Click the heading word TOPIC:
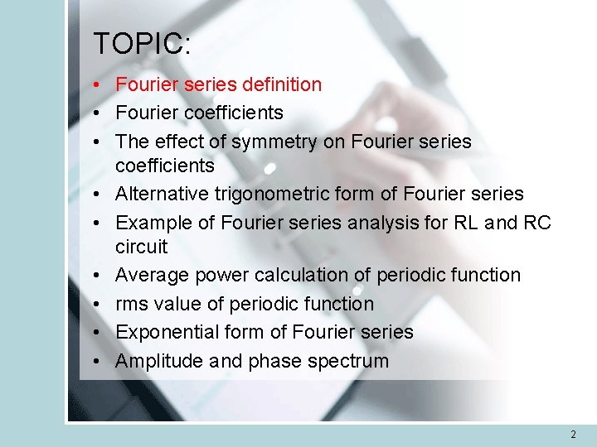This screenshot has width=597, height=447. point(142,44)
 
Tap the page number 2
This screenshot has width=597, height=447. point(573,435)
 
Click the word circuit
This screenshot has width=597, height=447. point(141,247)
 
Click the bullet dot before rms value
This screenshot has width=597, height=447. point(97,304)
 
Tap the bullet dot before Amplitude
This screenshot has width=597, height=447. point(97,361)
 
